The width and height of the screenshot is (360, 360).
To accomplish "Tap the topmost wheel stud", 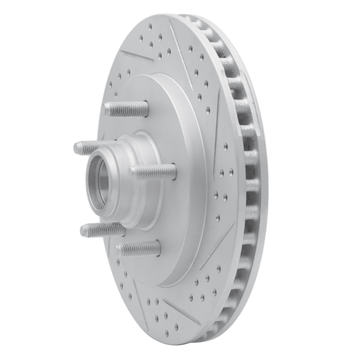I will point(126,109).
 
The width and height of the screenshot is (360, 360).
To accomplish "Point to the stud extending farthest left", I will point(90,147).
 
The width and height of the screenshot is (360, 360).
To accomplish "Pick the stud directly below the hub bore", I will point(103,229).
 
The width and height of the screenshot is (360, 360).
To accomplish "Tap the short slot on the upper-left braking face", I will point(137,56).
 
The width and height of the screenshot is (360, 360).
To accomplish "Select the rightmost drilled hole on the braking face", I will point(231,171).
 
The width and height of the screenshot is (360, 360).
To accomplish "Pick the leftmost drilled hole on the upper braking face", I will point(111,84).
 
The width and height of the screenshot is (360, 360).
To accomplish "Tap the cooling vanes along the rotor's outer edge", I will point(250,180).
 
